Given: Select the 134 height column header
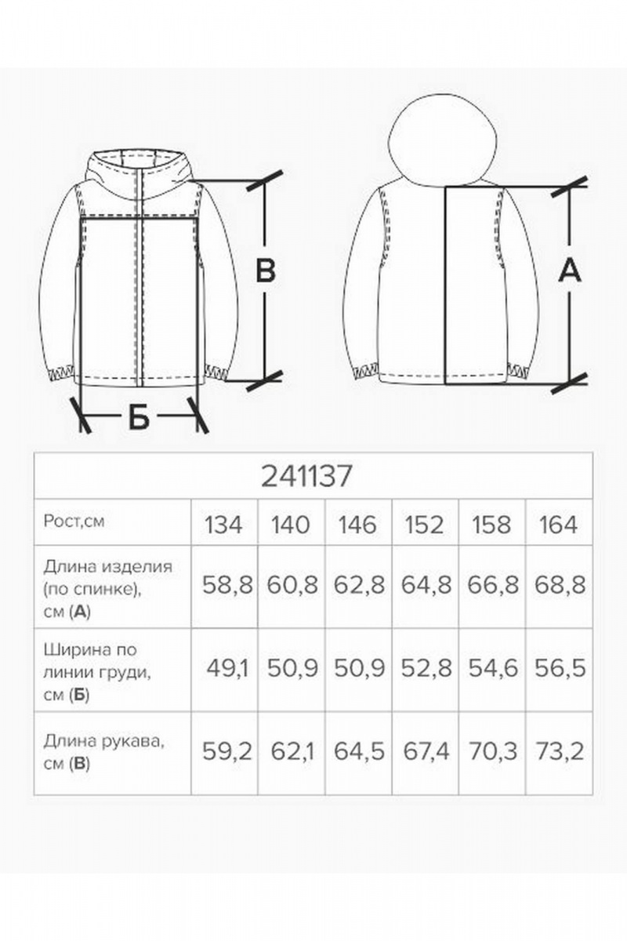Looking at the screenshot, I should (x=223, y=524).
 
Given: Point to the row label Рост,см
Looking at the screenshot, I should (x=74, y=521).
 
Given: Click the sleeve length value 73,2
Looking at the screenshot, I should (x=560, y=753).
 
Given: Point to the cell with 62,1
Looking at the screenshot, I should (x=292, y=753).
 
